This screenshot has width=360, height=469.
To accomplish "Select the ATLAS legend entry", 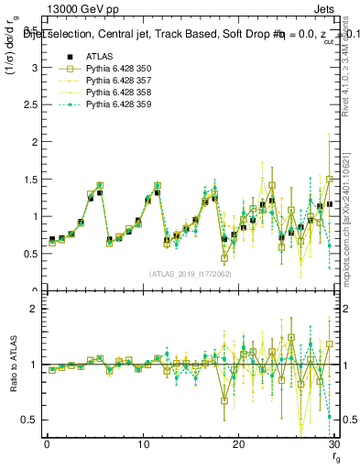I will tap(99, 57).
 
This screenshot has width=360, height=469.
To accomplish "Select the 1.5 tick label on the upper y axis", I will tap(29, 180).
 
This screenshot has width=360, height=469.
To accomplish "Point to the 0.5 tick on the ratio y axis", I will tap(29, 420).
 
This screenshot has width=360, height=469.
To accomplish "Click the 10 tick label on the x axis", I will tap(142, 444).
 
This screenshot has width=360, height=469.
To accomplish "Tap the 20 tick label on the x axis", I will tap(238, 444).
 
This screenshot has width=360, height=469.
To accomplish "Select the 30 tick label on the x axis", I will tap(333, 444).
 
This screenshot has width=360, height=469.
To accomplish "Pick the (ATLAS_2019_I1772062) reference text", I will tap(191, 274).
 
